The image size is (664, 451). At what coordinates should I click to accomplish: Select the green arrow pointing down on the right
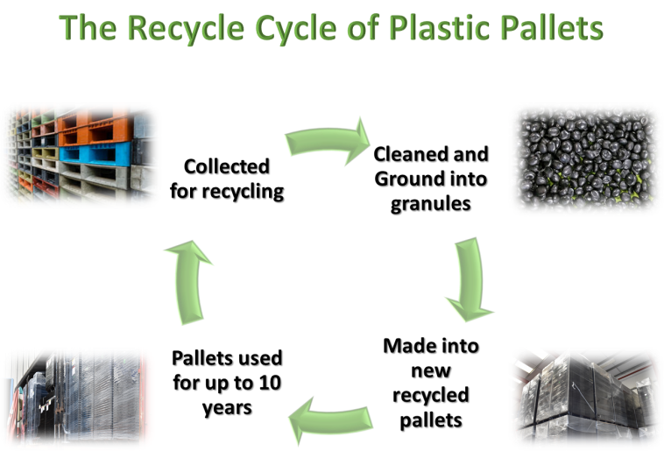(x=469, y=280)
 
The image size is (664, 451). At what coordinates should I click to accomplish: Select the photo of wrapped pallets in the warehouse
(x=584, y=398)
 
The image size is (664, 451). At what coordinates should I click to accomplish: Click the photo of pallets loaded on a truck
(x=77, y=398)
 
